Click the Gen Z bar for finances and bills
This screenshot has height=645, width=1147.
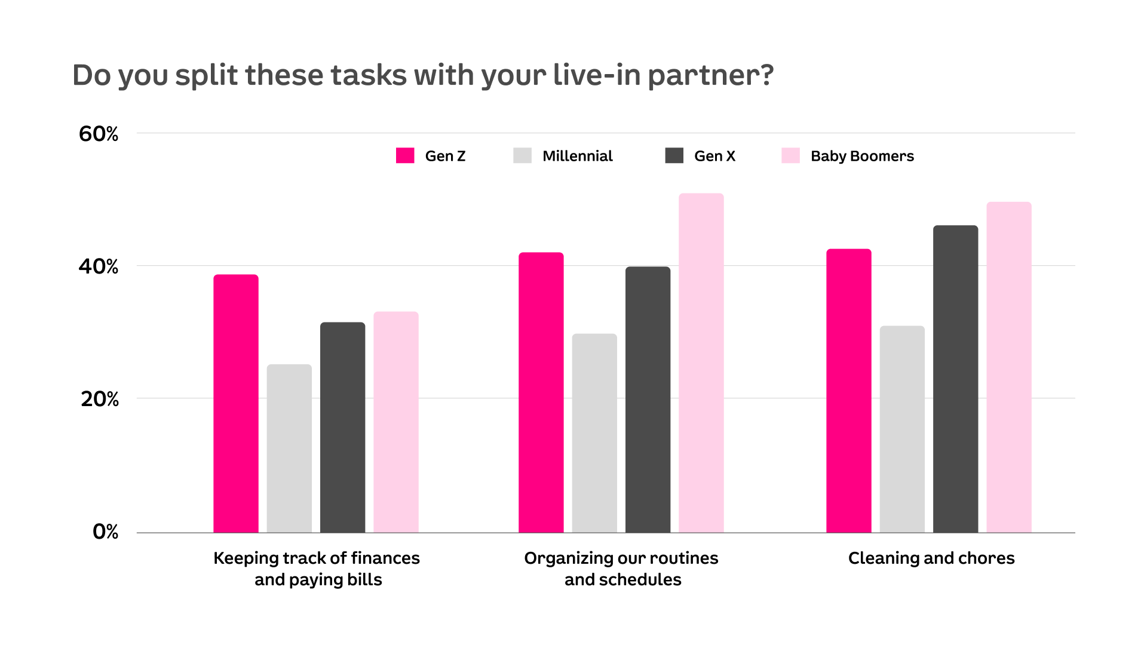click(236, 404)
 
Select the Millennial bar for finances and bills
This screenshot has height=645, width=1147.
click(289, 449)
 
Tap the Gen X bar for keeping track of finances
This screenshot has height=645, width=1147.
click(342, 428)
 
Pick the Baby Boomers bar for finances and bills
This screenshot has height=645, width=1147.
click(396, 422)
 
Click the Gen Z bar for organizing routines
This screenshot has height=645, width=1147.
click(541, 392)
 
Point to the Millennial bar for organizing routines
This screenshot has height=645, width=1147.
click(594, 433)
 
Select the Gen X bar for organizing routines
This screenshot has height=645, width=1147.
click(648, 400)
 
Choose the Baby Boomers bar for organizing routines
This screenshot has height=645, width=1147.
click(701, 363)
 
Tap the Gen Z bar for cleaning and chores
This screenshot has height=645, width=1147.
click(848, 391)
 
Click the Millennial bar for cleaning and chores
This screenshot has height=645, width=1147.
click(902, 429)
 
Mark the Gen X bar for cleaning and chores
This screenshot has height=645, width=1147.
click(955, 379)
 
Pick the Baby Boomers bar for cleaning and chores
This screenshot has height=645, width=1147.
click(1008, 367)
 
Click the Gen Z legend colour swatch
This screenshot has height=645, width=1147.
click(405, 156)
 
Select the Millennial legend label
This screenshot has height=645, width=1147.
click(577, 156)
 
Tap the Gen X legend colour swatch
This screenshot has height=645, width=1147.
click(674, 156)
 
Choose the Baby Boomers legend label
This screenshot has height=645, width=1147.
click(862, 156)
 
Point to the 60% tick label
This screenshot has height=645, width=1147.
click(99, 134)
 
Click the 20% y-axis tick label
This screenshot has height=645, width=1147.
click(99, 399)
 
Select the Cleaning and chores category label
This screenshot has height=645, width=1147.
click(931, 558)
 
